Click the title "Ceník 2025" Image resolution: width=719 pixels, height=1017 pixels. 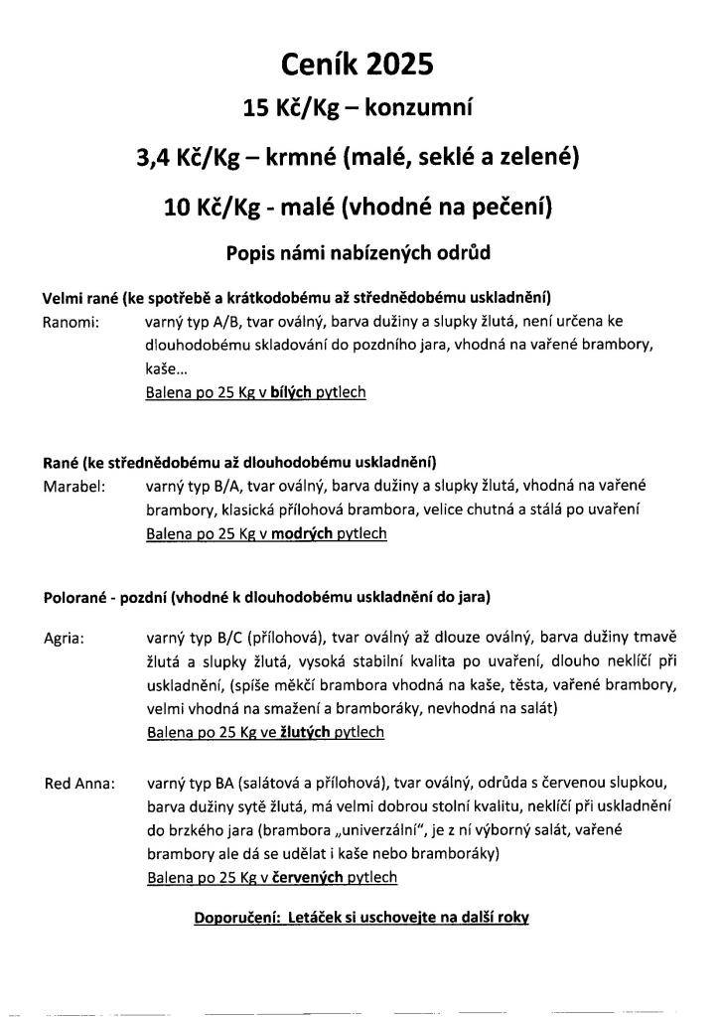coord(359,65)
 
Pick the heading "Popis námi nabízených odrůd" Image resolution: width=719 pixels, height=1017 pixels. coord(359,252)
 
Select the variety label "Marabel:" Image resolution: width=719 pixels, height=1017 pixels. coord(75,487)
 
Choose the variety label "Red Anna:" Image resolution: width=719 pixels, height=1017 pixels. coord(79,784)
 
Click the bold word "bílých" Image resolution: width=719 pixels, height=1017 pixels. coord(291,392)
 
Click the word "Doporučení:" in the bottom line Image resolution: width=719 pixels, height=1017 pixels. coord(233,918)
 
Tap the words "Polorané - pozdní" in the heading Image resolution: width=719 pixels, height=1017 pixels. coord(104,597)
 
